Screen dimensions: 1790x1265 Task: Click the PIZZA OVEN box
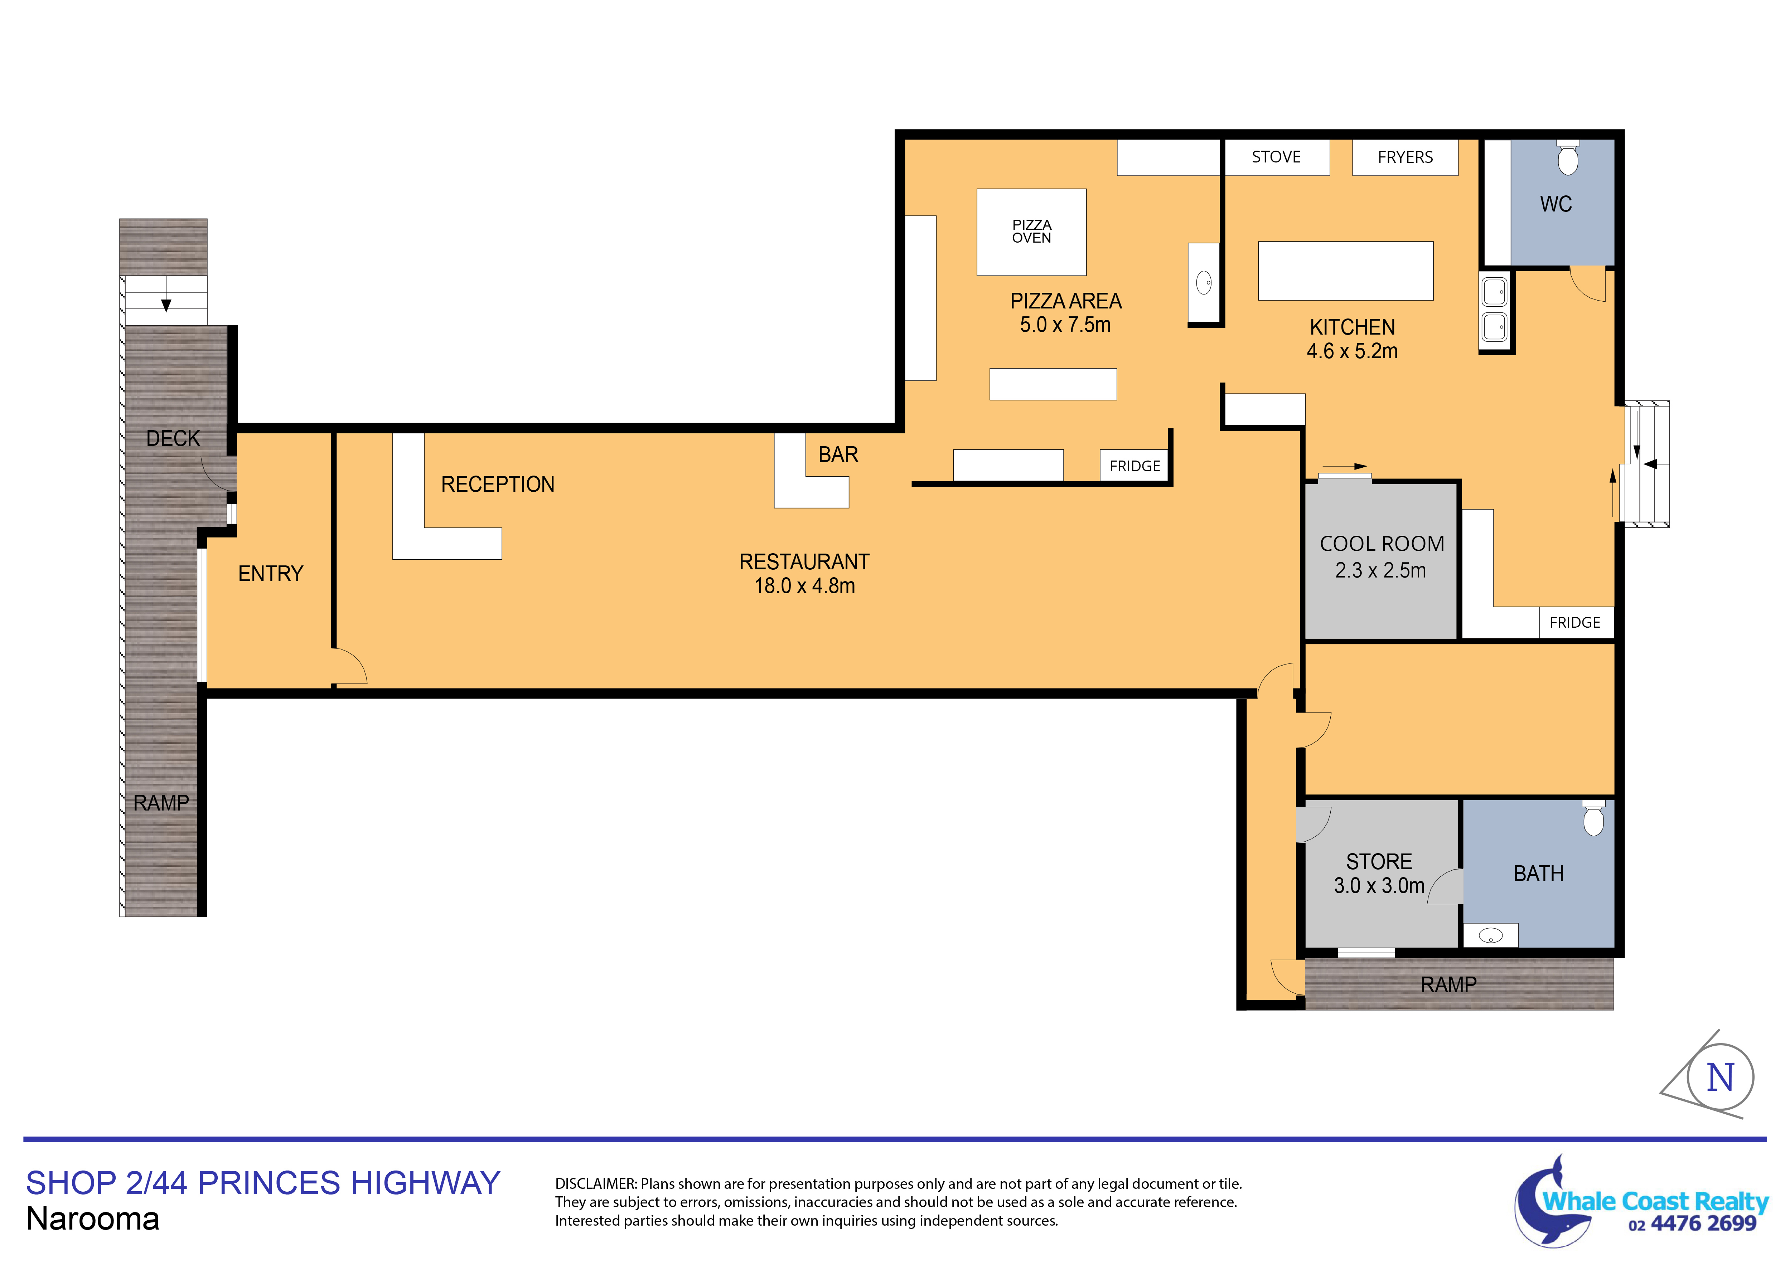1031,232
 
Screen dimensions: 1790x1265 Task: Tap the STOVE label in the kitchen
1276,157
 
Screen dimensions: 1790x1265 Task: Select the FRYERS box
1405,157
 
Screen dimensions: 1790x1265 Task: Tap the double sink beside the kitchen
1495,310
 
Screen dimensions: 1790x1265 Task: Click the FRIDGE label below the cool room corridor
1575,623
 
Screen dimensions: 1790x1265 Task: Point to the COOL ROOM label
1382,544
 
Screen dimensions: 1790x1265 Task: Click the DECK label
173,439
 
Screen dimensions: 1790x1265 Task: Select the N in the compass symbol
1721,1078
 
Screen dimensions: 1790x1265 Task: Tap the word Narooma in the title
93,1219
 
